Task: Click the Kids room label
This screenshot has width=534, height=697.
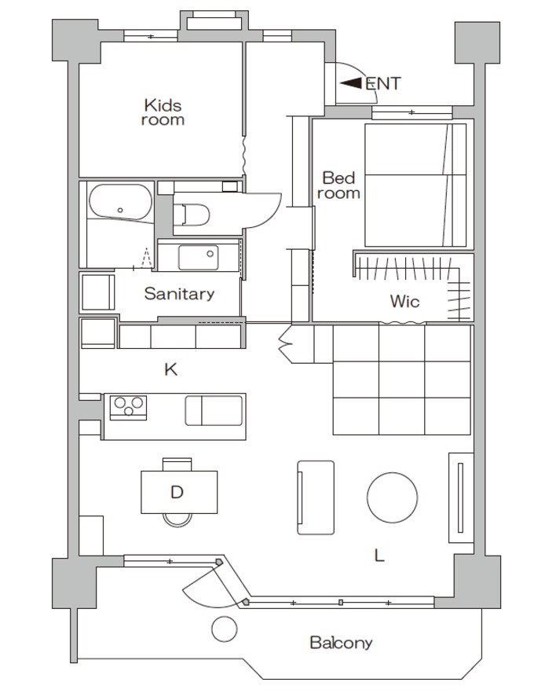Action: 163,112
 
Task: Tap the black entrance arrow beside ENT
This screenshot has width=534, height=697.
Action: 350,83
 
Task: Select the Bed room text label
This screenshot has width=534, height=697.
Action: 338,185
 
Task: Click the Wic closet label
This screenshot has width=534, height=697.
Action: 404,302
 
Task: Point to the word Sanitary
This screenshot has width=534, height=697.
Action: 179,293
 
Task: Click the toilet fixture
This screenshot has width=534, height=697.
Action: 191,215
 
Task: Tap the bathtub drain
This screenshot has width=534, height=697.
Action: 119,210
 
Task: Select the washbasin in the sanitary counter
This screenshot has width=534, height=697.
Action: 198,258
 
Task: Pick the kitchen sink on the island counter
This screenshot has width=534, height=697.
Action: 214,410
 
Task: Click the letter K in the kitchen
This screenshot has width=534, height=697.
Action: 170,369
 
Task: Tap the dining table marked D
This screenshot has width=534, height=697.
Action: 179,492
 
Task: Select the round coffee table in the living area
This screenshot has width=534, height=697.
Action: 393,497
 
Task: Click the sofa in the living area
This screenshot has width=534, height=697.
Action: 316,497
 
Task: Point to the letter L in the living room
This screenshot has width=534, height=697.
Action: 379,555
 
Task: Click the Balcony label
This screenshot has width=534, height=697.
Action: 341,643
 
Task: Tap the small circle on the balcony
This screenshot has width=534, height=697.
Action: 225,629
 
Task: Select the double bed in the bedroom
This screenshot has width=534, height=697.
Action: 415,185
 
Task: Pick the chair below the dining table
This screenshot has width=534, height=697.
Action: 177,520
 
